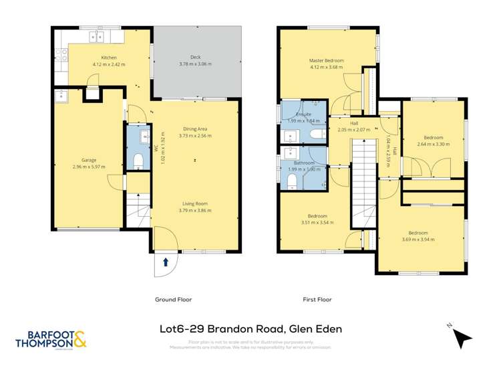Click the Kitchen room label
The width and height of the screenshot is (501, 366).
pyautogui.click(x=109, y=58)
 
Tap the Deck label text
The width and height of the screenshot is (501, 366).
pyautogui.click(x=195, y=58)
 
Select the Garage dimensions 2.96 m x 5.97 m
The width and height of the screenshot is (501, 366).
pyautogui.click(x=90, y=167)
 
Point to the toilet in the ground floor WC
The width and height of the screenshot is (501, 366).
pyautogui.click(x=138, y=161)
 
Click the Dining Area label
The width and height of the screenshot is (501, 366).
pyautogui.click(x=195, y=128)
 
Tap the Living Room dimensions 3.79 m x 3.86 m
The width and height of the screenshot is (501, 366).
pyautogui.click(x=195, y=210)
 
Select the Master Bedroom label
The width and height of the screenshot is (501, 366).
pyautogui.click(x=325, y=60)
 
